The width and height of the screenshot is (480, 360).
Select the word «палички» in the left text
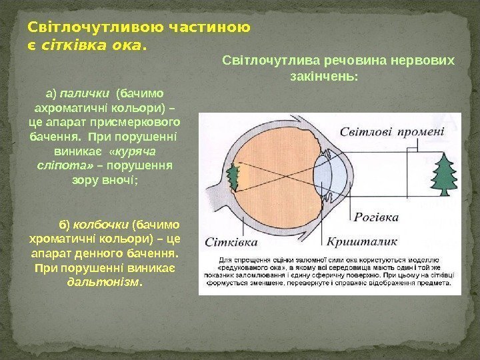click(x=87, y=93)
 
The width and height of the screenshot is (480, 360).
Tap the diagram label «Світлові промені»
click(x=393, y=131)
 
